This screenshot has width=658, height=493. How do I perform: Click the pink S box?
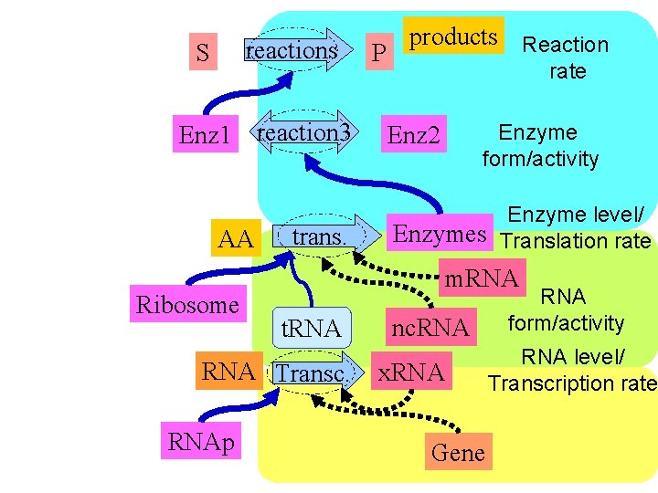point(202,54)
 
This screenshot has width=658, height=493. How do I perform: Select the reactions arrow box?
point(295,50)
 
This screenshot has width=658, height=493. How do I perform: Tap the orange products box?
point(453,37)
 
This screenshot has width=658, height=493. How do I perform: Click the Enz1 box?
point(205,137)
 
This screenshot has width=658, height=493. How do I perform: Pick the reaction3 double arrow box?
point(303,133)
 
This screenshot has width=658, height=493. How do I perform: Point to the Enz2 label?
point(414,137)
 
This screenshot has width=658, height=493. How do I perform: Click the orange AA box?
point(236,239)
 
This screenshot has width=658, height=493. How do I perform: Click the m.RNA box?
point(482,278)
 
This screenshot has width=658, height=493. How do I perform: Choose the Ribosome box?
point(186,305)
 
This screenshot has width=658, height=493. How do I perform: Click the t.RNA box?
point(311,329)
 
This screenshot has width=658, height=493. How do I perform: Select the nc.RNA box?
point(430,328)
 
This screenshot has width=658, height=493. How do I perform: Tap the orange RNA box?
point(228,372)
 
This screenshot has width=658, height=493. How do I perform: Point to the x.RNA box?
point(411,372)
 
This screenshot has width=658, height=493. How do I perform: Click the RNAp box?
point(201,443)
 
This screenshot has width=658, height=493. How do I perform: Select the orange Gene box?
point(458,452)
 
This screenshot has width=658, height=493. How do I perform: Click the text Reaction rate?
point(565,58)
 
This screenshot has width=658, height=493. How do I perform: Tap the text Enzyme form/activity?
point(540,146)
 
